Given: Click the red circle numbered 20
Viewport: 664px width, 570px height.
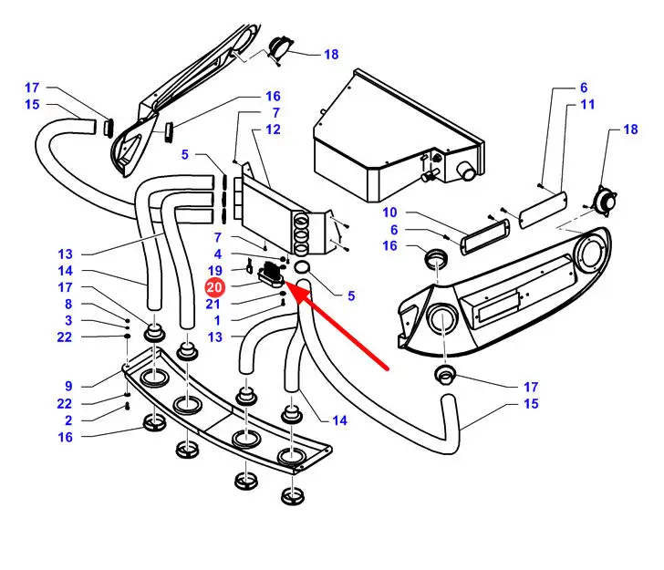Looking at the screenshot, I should click(213, 288).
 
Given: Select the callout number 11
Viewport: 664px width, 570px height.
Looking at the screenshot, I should click(587, 105).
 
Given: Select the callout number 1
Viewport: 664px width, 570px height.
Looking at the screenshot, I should click(216, 320).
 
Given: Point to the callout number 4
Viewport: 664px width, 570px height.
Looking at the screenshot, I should click(217, 254).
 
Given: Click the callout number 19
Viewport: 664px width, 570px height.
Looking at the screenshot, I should click(214, 271).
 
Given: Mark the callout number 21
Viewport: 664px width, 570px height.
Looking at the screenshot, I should click(213, 305).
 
